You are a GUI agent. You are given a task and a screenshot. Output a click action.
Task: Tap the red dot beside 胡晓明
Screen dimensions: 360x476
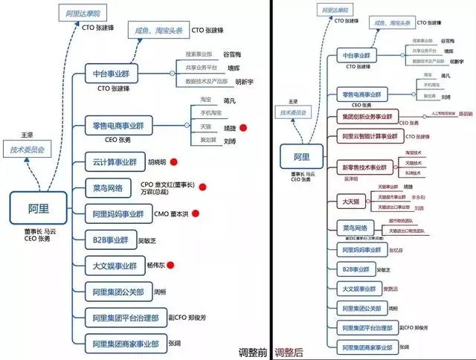[x=173, y=161]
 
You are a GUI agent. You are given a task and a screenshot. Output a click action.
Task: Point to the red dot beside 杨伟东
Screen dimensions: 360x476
[x=170, y=264]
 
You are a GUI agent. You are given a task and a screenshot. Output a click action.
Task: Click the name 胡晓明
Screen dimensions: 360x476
[x=157, y=162]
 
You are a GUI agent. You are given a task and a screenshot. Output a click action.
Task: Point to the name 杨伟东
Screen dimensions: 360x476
[x=156, y=265]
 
